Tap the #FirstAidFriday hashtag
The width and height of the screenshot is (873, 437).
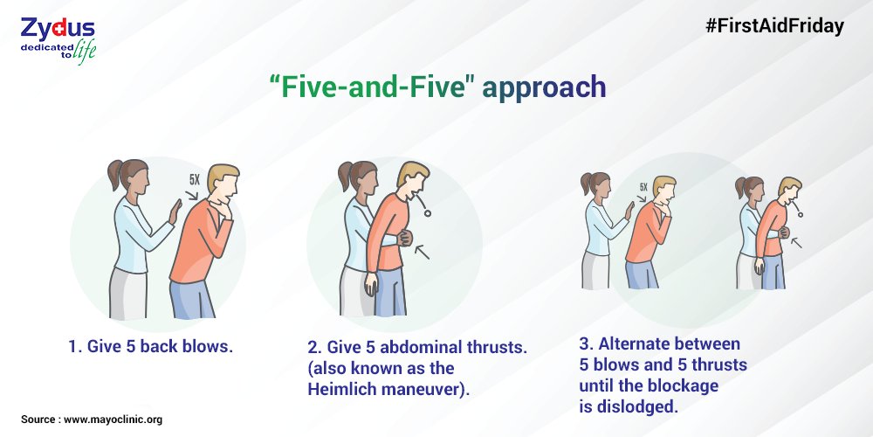[x=775, y=26]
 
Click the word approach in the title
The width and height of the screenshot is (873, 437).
[x=544, y=87]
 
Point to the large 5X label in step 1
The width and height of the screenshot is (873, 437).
[x=195, y=179]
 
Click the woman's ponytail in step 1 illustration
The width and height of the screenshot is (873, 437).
[x=114, y=174]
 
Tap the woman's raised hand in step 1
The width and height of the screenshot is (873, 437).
[x=175, y=212]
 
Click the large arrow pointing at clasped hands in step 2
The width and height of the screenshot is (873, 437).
[x=422, y=252]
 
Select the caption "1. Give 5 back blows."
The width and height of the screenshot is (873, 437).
[x=150, y=347]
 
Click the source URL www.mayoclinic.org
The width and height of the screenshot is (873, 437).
[x=113, y=420]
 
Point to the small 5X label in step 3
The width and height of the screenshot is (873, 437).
[x=643, y=187]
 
